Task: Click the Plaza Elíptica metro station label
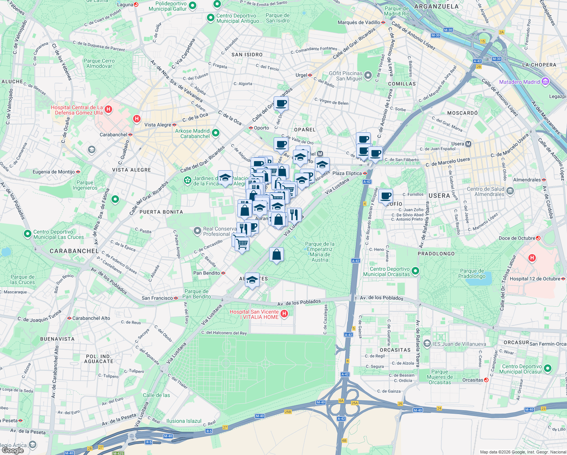point(347,173)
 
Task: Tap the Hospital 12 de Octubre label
point(534,279)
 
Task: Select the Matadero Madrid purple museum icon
point(545,82)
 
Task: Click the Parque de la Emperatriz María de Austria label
point(320,252)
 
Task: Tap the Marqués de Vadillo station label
point(359,22)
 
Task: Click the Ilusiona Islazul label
point(184,421)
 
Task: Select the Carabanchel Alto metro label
point(91,318)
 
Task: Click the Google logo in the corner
point(13,450)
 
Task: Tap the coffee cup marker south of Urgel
point(281,103)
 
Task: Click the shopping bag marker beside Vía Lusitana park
point(277,254)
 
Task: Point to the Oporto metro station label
point(261,128)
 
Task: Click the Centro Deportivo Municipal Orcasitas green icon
point(415,271)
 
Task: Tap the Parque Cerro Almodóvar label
point(99,63)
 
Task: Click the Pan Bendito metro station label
point(207,273)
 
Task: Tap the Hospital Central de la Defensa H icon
point(108,110)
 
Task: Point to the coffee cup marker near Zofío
point(385,196)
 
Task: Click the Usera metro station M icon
point(468,144)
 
